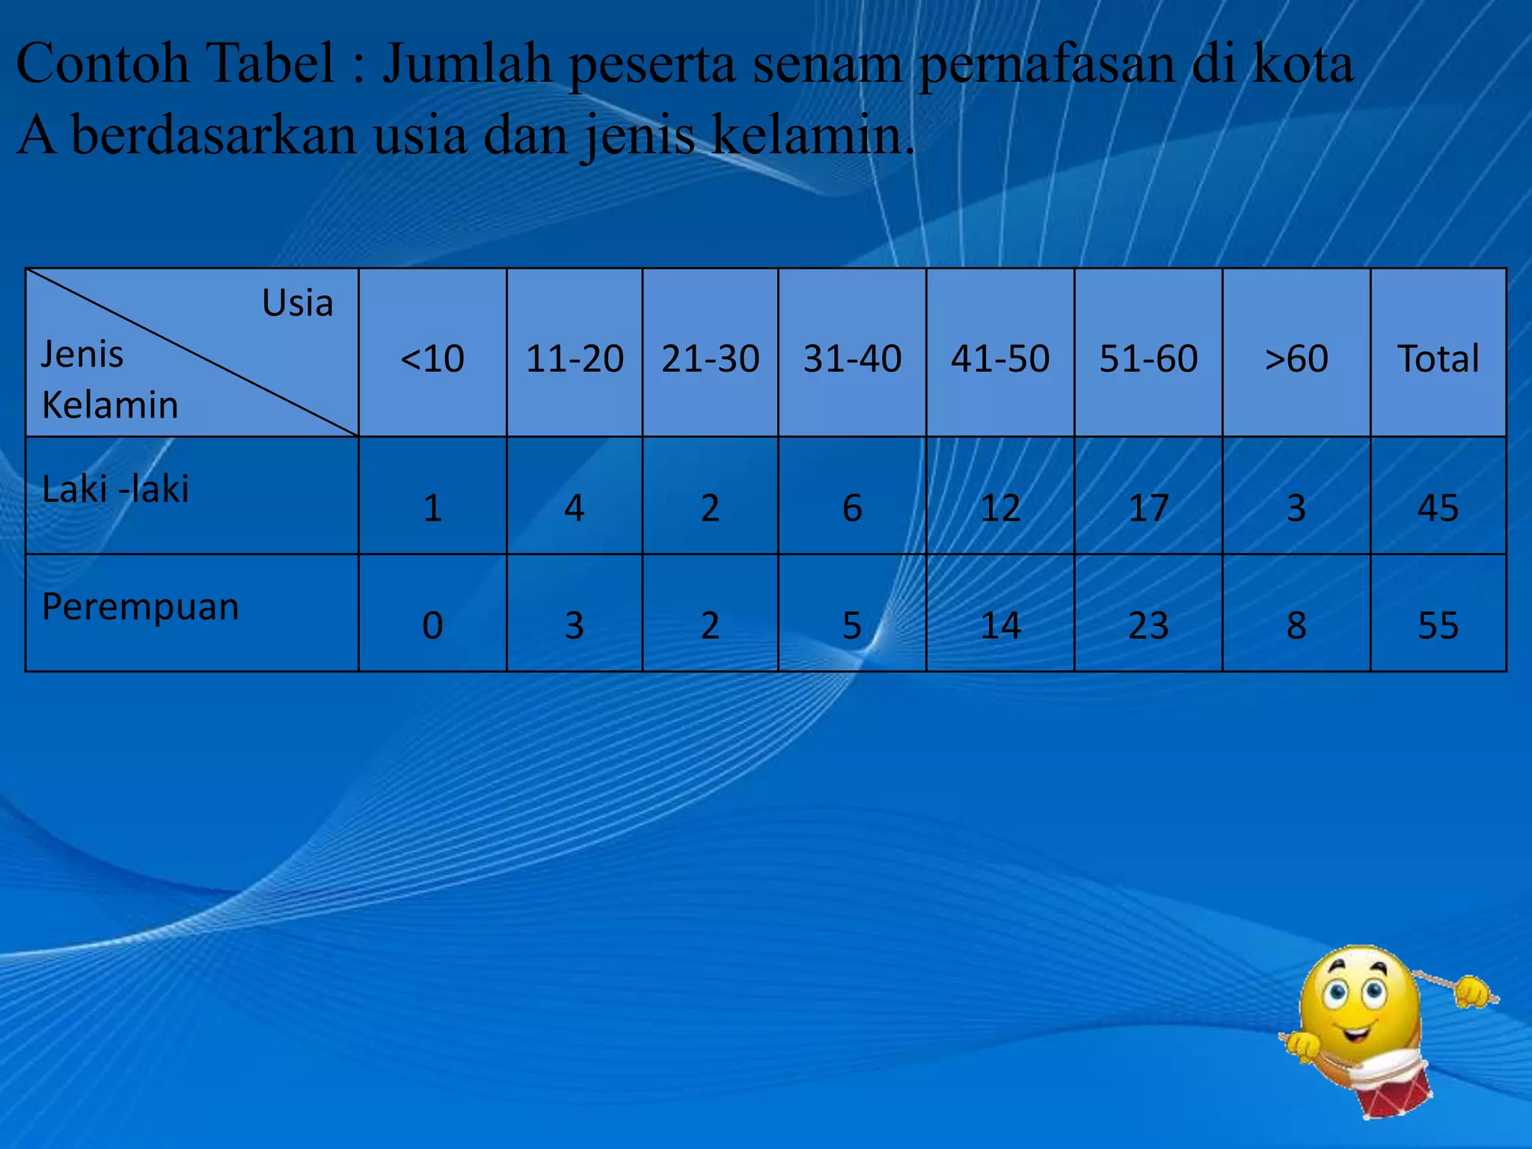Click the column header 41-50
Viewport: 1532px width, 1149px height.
click(x=1000, y=358)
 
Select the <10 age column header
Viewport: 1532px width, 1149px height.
click(x=432, y=358)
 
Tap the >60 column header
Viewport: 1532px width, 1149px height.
click(x=1296, y=358)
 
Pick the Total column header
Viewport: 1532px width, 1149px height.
click(x=1438, y=358)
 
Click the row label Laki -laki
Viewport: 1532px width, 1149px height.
click(x=116, y=489)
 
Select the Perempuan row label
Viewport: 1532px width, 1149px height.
click(x=141, y=606)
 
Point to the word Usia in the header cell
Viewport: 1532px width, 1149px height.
click(x=297, y=303)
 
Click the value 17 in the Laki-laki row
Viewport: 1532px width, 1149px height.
click(x=1148, y=508)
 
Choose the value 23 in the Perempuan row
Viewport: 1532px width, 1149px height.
click(x=1148, y=625)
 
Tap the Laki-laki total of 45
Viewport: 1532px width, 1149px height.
click(x=1438, y=508)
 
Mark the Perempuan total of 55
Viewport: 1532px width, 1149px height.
click(x=1438, y=625)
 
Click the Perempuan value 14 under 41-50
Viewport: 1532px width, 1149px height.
click(x=1000, y=625)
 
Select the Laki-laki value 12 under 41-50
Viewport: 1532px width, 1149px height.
click(x=1000, y=508)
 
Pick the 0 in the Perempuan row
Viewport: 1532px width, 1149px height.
click(x=432, y=625)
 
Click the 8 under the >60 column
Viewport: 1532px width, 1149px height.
click(x=1296, y=625)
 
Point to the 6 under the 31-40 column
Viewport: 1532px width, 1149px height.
click(x=852, y=508)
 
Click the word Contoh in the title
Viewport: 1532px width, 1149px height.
click(x=102, y=63)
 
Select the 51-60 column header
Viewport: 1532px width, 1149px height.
click(x=1148, y=358)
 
